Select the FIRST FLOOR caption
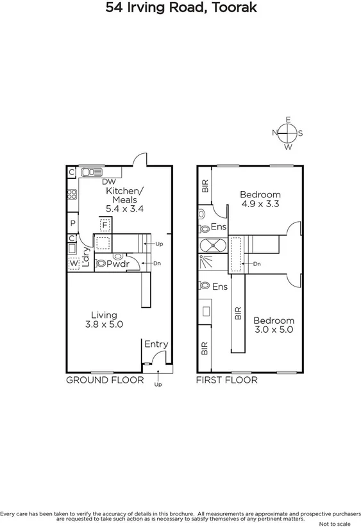(x=226, y=380)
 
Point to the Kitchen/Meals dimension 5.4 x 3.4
(x=124, y=208)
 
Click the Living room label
(x=103, y=315)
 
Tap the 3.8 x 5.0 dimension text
(x=104, y=325)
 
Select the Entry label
(x=156, y=344)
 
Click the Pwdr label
(x=119, y=263)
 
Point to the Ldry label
(x=85, y=255)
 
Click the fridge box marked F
(x=105, y=224)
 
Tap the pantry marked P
(x=73, y=223)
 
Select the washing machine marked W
(x=74, y=263)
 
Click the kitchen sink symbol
(x=92, y=172)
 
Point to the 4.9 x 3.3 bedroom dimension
(x=260, y=205)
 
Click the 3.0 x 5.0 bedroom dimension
(x=274, y=330)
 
